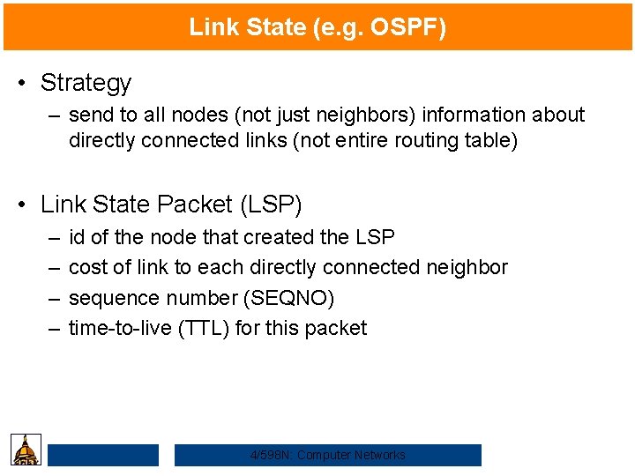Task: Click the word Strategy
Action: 86,83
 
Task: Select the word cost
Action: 86,267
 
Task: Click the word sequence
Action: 108,298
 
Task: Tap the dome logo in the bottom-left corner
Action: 26,450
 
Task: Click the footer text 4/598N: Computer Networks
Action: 328,455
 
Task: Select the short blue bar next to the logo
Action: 103,455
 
